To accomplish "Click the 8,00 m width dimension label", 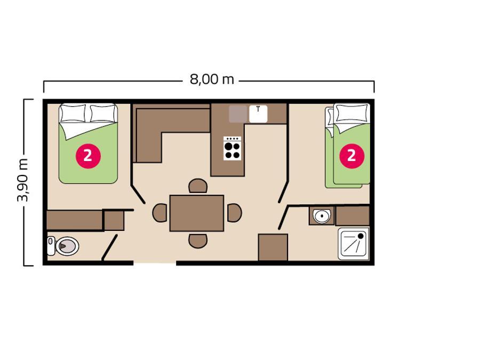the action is pos(212,79).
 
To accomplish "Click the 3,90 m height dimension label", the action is pos(23,181).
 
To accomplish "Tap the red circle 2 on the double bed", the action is pos(88,156).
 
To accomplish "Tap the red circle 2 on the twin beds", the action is pos(352,156).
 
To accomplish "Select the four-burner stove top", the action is pos(233,148).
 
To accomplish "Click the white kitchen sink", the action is pos(258,114).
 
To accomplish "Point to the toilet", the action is pos(63,246).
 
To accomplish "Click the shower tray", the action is pos(354,243).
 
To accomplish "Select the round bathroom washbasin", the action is pos(322,216).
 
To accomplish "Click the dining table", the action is pos(197,213).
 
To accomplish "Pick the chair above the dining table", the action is pos(198,186).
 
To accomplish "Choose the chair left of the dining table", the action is pos(160,213).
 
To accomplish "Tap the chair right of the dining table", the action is pos(235,213).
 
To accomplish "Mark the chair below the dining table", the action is pos(198,241).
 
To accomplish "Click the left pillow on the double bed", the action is pos(73,113).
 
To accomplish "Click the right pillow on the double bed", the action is pos(103,113).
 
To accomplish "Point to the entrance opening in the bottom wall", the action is pos(155,262).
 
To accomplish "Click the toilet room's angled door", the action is pos(109,247).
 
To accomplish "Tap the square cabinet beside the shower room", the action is pos(273,247).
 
